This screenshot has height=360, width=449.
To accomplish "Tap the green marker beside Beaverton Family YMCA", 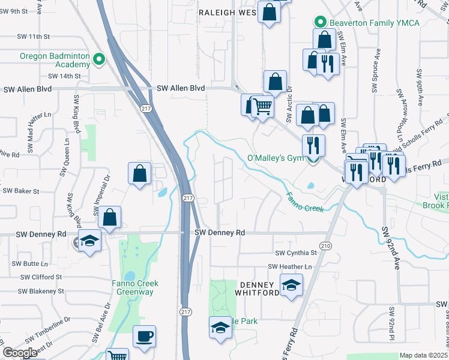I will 321,23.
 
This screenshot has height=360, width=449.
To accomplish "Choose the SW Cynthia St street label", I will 295,254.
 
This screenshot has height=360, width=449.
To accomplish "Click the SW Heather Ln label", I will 291,266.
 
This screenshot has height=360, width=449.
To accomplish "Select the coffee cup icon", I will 144,335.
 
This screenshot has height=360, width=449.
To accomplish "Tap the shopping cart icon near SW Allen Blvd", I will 262,106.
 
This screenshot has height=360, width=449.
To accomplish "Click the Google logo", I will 20,353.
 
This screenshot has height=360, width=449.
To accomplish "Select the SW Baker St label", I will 21,191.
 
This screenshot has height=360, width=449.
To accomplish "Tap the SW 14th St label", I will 64,76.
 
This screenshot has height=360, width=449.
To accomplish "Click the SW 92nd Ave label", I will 390,248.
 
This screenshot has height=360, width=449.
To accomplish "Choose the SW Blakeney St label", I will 40,291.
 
